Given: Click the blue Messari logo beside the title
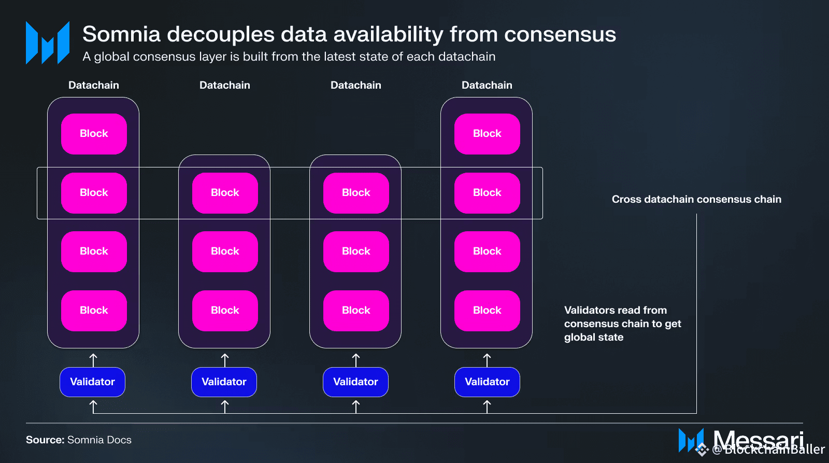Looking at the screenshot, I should pos(48,43).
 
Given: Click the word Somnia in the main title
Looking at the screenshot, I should pos(122,34).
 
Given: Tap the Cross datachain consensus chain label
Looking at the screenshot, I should pos(696,199).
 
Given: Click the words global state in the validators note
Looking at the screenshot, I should pos(594,337).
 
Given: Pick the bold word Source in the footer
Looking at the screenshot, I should pos(45,440).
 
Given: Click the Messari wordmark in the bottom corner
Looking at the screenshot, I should pos(757,440).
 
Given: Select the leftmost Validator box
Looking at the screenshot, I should pos(92,382).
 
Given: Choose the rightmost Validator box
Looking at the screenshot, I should pos(487,382).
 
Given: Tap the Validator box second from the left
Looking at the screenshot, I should pos(224,382).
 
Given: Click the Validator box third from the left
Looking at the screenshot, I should pos(355,382).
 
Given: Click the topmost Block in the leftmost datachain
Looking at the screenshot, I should pos(94,134).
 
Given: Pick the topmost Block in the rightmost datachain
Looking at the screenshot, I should pos(487,134).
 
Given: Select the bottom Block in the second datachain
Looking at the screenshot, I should pos(225,311).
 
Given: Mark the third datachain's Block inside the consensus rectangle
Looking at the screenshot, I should pos(356,193).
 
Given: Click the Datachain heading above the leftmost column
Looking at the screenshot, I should pos(94,85).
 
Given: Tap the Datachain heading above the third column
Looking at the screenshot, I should pos(356,85).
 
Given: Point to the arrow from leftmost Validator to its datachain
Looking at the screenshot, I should pos(93,359).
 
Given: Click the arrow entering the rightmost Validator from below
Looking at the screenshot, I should pos(487,406).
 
